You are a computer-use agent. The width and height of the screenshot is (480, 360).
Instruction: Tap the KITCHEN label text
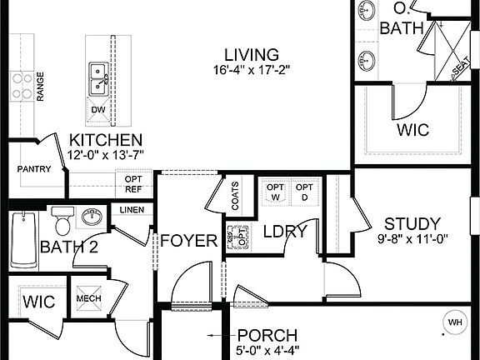106,140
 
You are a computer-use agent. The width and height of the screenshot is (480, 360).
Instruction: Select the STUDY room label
411,223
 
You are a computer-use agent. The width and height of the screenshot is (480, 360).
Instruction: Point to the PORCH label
267,335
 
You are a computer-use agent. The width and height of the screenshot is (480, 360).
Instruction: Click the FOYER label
188,241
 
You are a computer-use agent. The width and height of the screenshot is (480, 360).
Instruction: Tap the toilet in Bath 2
62,222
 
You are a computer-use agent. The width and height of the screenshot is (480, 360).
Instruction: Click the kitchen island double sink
99,79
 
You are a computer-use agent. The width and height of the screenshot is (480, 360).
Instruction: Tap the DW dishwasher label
97,109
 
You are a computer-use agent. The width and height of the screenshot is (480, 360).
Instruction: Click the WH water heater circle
455,322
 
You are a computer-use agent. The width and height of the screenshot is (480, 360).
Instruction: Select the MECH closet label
88,299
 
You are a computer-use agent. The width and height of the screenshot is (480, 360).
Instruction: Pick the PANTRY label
34,169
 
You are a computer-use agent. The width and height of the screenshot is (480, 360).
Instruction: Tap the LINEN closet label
132,209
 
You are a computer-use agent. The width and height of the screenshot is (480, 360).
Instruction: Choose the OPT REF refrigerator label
133,183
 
